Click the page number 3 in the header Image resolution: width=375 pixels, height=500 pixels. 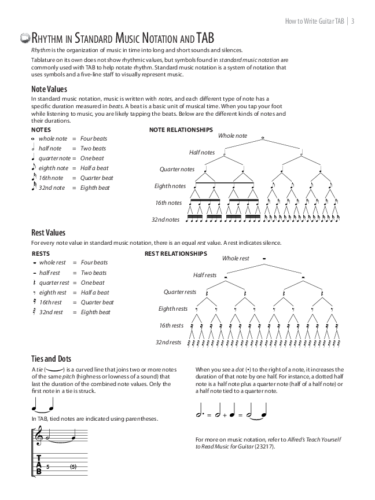coord(352,22)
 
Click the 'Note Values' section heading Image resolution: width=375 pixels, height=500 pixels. coord(49,89)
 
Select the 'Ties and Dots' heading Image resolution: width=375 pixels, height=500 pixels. coord(52,359)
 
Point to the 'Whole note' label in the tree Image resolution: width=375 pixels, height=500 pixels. coord(233,135)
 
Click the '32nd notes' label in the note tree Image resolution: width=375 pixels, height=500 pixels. coord(166,220)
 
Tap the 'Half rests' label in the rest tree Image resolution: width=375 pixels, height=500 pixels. coord(205,275)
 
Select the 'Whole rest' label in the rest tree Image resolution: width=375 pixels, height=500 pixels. coord(236,258)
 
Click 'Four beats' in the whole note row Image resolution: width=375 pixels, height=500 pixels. coord(94,139)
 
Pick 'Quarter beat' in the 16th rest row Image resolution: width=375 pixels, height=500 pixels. coord(97,302)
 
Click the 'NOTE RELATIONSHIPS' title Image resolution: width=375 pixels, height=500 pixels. coord(181,130)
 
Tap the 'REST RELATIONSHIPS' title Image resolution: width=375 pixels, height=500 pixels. coord(175,253)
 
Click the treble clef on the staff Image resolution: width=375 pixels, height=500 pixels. coord(39,435)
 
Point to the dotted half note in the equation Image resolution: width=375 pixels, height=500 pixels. coord(200,414)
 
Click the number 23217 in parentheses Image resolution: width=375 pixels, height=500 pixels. coord(264,446)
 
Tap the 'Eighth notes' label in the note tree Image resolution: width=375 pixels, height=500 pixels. coord(170,186)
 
